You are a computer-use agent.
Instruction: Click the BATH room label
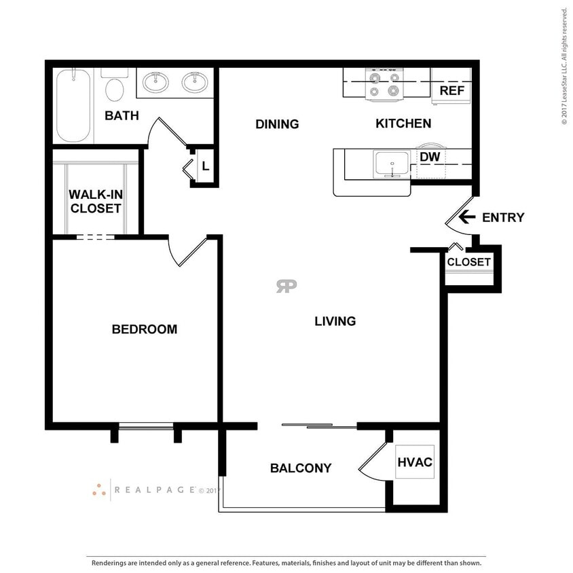(x=122, y=115)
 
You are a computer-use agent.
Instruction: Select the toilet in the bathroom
(x=115, y=88)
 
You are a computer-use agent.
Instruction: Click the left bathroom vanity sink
(x=157, y=83)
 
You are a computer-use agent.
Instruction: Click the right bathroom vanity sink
(x=196, y=83)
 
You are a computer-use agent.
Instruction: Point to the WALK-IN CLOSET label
(x=95, y=202)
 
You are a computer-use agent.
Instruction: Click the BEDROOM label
(x=144, y=329)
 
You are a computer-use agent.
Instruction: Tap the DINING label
(x=277, y=124)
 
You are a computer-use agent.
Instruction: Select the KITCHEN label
(x=403, y=124)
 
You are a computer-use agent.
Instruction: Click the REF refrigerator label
(x=451, y=90)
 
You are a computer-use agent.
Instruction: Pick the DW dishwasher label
(x=430, y=157)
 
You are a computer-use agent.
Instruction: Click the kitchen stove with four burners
(x=383, y=84)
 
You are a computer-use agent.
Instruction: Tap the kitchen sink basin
(x=391, y=163)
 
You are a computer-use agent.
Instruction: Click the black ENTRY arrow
(x=466, y=217)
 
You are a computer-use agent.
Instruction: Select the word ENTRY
(x=503, y=218)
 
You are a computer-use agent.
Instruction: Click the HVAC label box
(x=415, y=462)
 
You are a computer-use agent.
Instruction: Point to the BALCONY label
(x=301, y=468)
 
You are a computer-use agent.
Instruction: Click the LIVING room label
(x=335, y=321)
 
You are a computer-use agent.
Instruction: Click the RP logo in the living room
(x=286, y=286)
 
